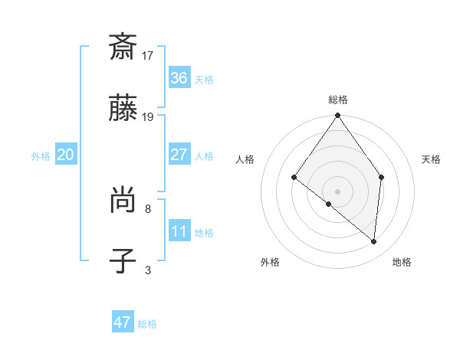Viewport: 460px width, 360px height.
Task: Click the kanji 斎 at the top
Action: pyautogui.click(x=123, y=47)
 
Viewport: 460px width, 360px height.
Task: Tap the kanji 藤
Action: pyautogui.click(x=123, y=109)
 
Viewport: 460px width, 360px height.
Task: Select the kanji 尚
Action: pyautogui.click(x=123, y=201)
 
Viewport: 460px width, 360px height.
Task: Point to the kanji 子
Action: pyautogui.click(x=123, y=262)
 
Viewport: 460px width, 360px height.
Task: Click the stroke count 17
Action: pyautogui.click(x=148, y=55)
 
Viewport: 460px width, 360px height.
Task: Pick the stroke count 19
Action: pyautogui.click(x=148, y=116)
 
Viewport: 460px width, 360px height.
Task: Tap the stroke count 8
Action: pyautogui.click(x=148, y=208)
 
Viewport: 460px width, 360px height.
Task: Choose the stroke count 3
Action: pyautogui.click(x=148, y=270)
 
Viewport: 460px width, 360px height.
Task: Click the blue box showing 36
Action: pyautogui.click(x=179, y=78)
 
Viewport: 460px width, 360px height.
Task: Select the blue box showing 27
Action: pyautogui.click(x=179, y=155)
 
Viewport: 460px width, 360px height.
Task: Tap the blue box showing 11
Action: pyautogui.click(x=179, y=231)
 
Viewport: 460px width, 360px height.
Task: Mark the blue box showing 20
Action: pyautogui.click(x=66, y=155)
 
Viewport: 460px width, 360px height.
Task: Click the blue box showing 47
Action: pyautogui.click(x=123, y=322)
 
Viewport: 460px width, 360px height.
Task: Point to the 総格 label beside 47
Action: pyautogui.click(x=147, y=324)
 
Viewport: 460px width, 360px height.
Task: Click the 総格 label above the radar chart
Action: pyautogui.click(x=337, y=100)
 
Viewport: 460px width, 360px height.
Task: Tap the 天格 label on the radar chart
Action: pyautogui.click(x=431, y=159)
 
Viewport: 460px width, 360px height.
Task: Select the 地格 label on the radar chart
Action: pyautogui.click(x=402, y=262)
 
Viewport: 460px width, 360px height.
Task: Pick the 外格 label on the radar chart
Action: pyautogui.click(x=270, y=262)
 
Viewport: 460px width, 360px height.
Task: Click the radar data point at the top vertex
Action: pyautogui.click(x=337, y=116)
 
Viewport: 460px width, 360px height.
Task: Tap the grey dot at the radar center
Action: pyautogui.click(x=337, y=191)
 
